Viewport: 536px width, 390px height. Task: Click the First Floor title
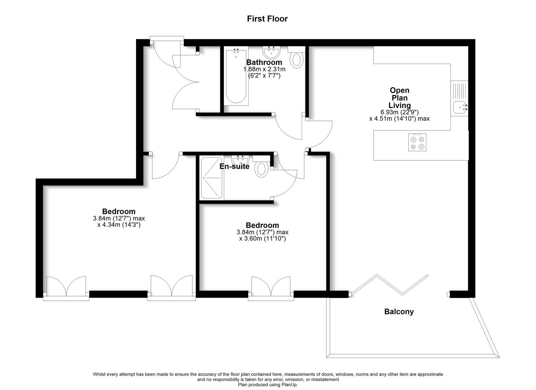tap(267, 19)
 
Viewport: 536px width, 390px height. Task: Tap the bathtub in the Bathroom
tap(237, 77)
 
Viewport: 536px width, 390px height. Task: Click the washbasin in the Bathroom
tap(271, 53)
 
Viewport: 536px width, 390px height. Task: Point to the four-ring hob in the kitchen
tap(417, 142)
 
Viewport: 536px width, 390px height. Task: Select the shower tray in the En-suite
tap(212, 178)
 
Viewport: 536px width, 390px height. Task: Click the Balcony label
tap(399, 312)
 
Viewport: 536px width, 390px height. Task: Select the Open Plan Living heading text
tap(400, 97)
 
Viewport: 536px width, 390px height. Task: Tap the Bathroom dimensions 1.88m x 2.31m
tap(264, 69)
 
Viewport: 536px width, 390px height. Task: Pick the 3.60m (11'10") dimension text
tap(262, 238)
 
